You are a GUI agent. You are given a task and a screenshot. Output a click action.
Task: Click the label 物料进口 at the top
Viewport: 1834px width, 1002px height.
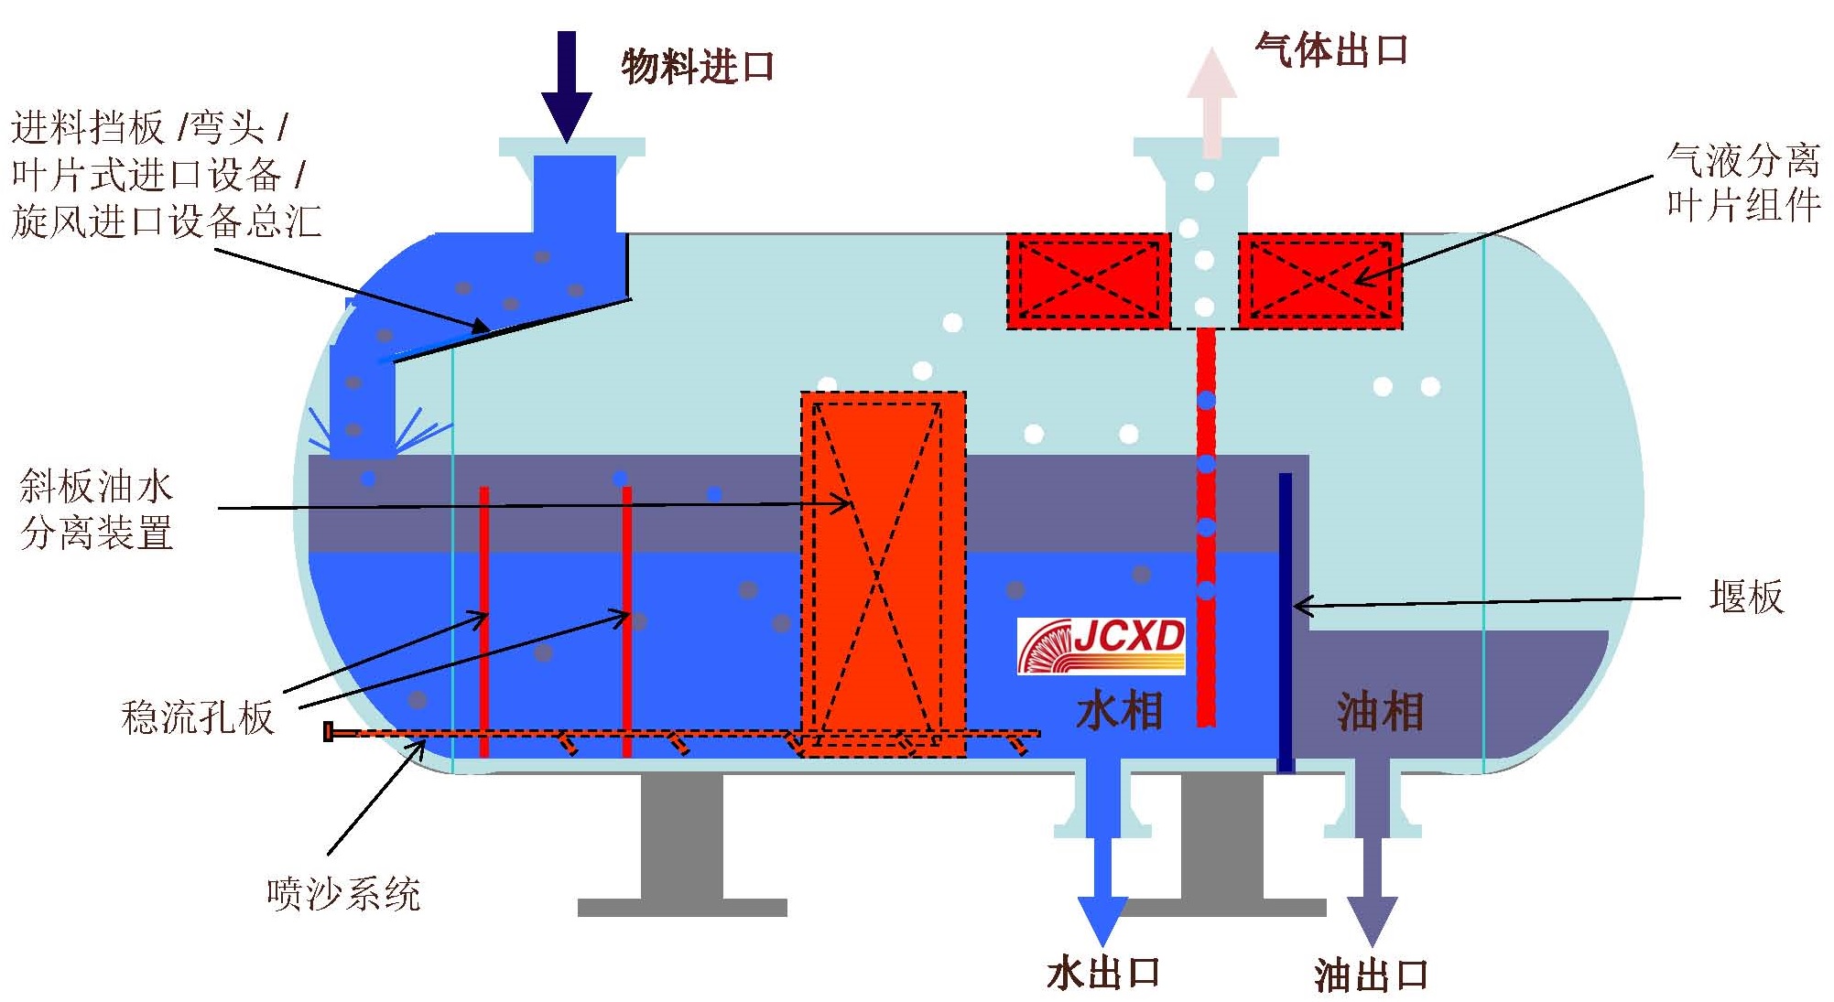tap(698, 67)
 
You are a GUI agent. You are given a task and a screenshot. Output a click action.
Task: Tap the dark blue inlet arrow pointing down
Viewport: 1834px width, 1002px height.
tap(567, 87)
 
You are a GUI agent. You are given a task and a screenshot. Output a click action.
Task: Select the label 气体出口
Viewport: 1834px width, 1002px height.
tap(1331, 50)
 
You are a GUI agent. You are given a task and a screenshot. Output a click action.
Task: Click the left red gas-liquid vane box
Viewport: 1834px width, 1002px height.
tap(1089, 281)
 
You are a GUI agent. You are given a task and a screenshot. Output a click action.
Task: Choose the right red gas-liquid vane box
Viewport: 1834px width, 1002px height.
tap(1320, 281)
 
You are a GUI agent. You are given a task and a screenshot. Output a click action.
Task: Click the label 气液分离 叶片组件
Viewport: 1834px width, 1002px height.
tap(1742, 182)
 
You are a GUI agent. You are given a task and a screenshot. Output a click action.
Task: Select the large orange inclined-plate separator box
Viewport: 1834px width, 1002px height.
tap(884, 574)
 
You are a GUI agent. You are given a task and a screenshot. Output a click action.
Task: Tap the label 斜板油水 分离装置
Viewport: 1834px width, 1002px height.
tap(97, 510)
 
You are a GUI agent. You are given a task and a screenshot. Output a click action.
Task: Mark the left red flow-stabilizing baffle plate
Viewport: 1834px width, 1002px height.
tap(484, 622)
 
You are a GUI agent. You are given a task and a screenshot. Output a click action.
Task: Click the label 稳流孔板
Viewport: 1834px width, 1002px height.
tap(198, 717)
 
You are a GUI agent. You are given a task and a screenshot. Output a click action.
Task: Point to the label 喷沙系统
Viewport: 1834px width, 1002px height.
tap(343, 894)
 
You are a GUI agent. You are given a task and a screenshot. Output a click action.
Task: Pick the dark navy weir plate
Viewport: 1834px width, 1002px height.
tap(1286, 622)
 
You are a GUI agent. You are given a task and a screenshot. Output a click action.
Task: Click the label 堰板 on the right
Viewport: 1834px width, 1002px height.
tap(1746, 597)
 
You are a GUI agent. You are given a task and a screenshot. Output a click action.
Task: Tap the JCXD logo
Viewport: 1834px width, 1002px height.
tap(1101, 646)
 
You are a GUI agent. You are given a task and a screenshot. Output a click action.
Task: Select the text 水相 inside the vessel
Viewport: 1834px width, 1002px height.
tap(1119, 712)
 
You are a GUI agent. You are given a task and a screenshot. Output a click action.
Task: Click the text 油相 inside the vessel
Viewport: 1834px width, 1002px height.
tap(1380, 712)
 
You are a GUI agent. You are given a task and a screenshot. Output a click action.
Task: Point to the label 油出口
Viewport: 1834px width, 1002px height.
tap(1371, 975)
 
